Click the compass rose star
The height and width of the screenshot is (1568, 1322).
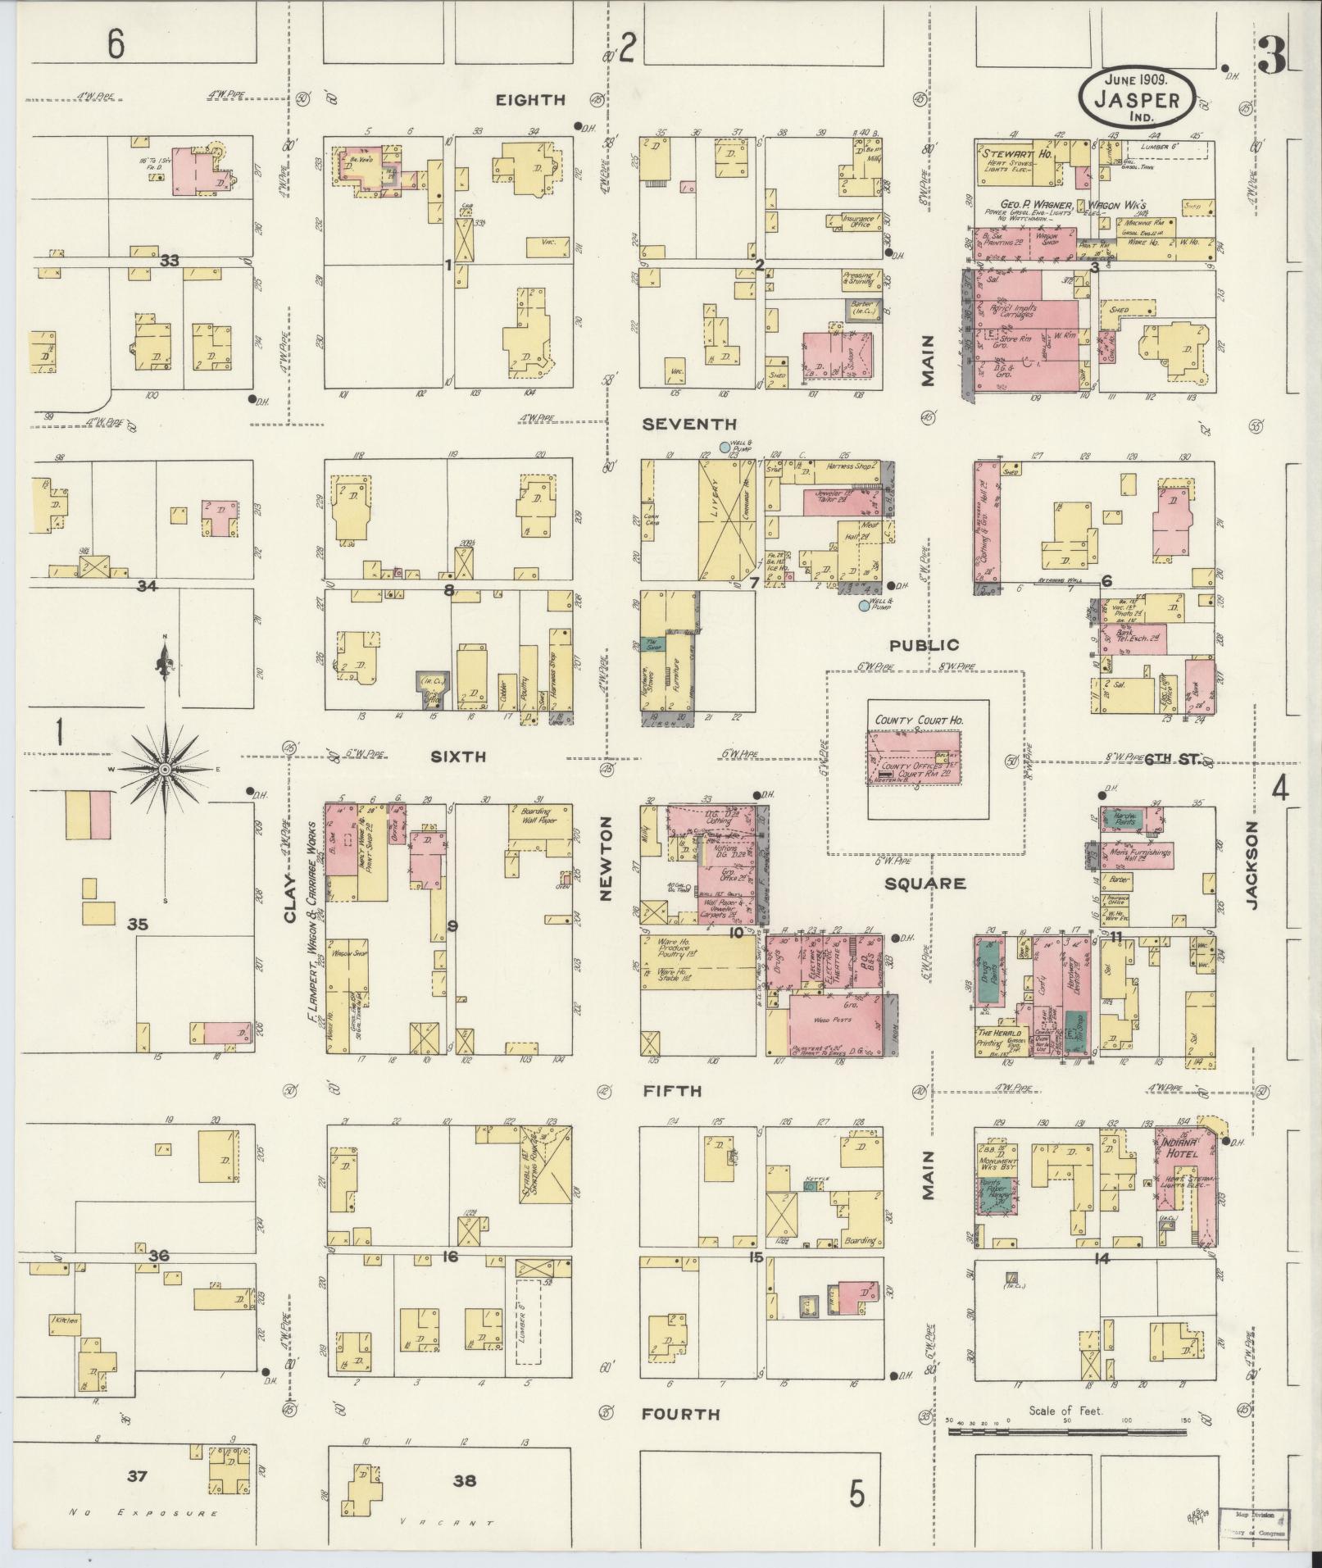(164, 769)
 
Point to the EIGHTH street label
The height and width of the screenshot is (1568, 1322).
(530, 100)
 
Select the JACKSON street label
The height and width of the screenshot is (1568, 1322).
(1252, 865)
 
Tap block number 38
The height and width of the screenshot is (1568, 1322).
(464, 1481)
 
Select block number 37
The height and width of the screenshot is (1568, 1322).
(136, 1476)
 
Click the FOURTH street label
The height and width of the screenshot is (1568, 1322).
(680, 1413)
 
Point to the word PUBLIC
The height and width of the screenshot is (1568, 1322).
(924, 645)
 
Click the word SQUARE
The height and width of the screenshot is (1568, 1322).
(924, 884)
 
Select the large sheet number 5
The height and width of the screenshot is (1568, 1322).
(856, 1495)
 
